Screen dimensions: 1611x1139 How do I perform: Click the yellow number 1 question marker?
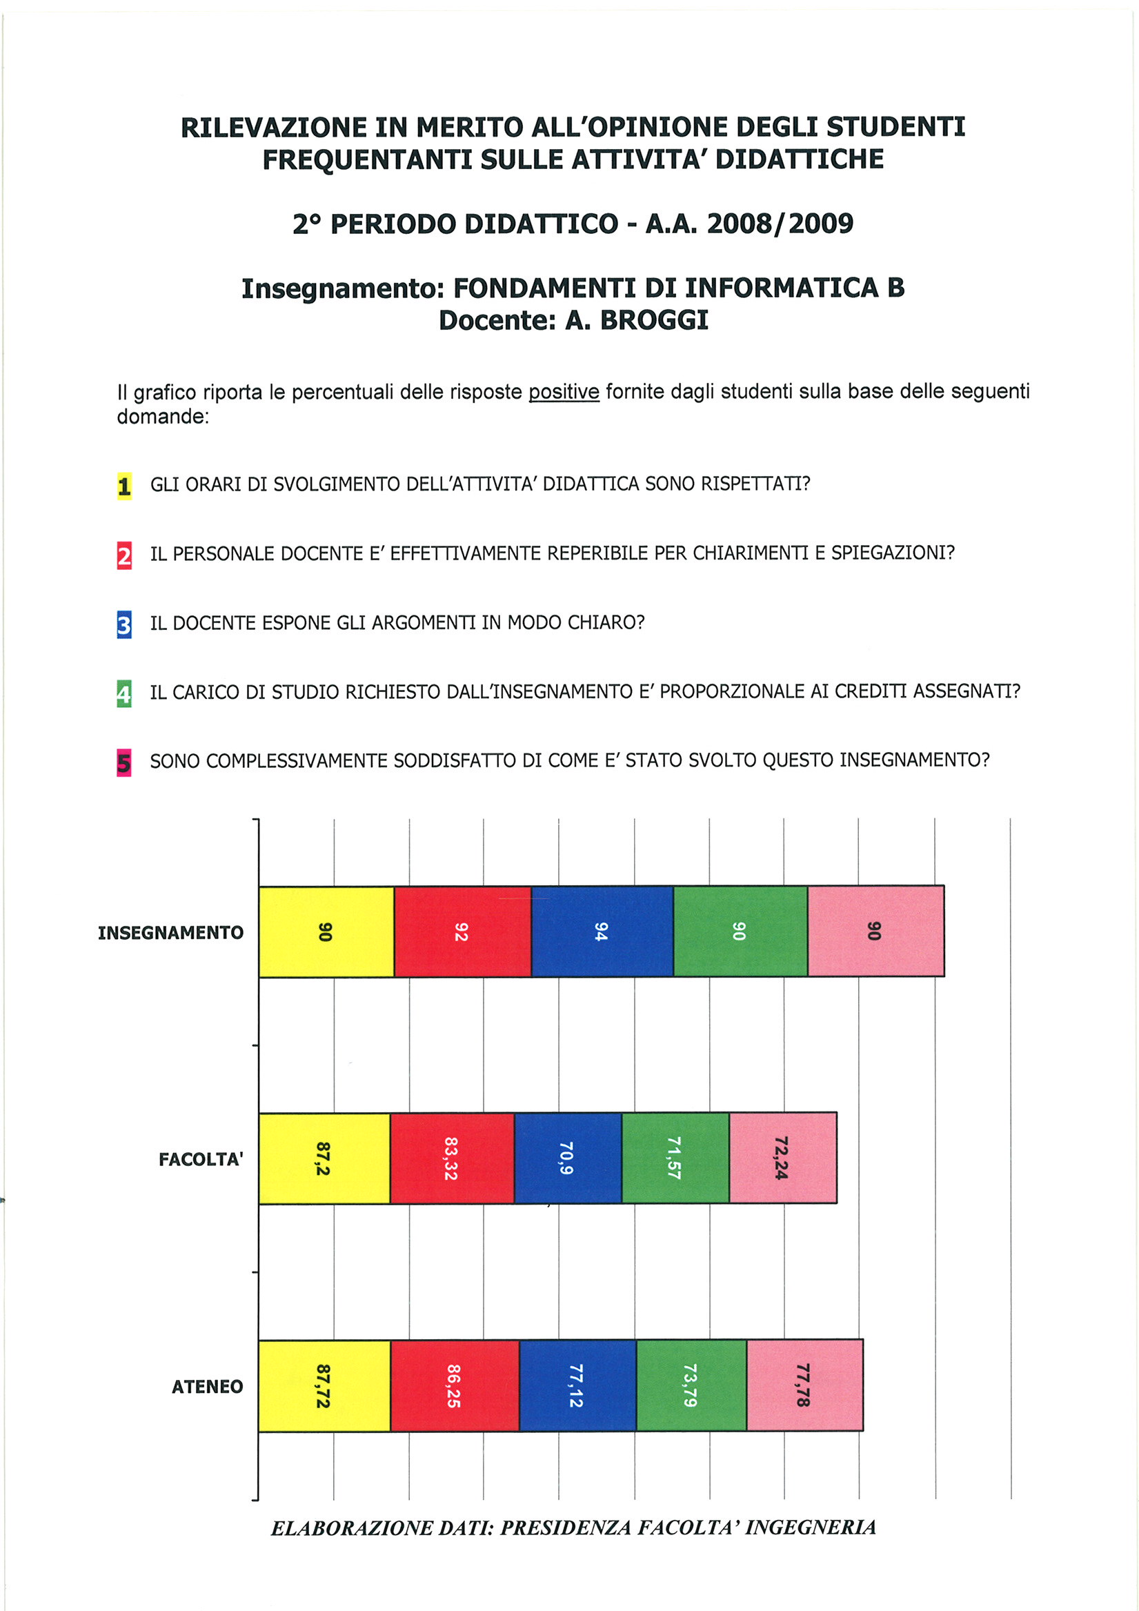pos(124,486)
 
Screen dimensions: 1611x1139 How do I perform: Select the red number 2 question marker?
pos(124,555)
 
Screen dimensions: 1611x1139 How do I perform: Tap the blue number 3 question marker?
pos(124,624)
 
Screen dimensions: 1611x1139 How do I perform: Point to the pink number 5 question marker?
pos(124,762)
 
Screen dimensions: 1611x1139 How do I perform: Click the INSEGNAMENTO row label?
pos(170,933)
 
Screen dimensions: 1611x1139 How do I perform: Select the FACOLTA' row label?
pos(201,1159)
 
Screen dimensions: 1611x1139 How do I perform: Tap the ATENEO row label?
pos(207,1387)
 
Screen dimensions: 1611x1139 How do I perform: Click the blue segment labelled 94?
pos(602,931)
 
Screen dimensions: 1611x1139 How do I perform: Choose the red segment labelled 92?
pos(462,931)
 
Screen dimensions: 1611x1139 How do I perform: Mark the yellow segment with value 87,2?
pos(324,1158)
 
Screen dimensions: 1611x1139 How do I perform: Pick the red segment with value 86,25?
pos(455,1386)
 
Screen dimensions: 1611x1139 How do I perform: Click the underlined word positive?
pos(564,391)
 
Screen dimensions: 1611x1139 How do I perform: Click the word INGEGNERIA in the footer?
pos(811,1528)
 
